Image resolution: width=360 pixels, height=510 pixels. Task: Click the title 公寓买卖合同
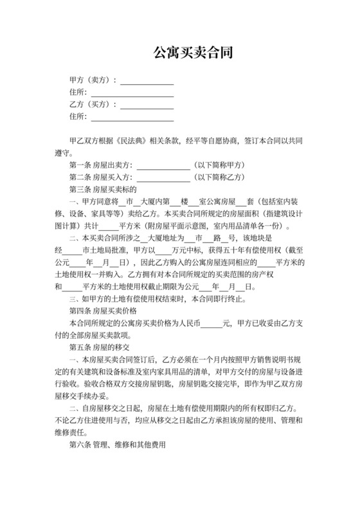pyautogui.click(x=179, y=52)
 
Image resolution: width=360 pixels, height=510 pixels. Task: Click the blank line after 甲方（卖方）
pyautogui.click(x=147, y=81)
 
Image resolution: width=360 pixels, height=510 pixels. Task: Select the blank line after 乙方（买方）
pyautogui.click(x=147, y=105)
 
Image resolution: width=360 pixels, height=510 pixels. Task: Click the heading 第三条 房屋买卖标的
pyautogui.click(x=103, y=190)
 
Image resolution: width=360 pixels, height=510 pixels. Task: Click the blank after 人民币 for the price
pyautogui.click(x=211, y=323)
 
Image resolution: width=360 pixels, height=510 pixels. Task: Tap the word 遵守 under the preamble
pyautogui.click(x=63, y=153)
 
